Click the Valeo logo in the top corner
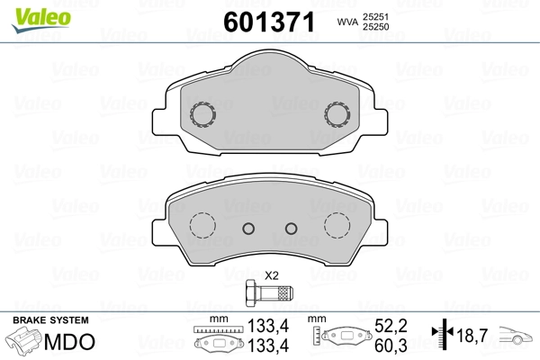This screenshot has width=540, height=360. (x=41, y=20)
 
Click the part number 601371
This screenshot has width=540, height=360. (x=269, y=22)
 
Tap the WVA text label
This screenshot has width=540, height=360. (x=347, y=22)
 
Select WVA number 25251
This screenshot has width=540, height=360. (x=375, y=16)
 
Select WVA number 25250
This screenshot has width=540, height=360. (x=375, y=27)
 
